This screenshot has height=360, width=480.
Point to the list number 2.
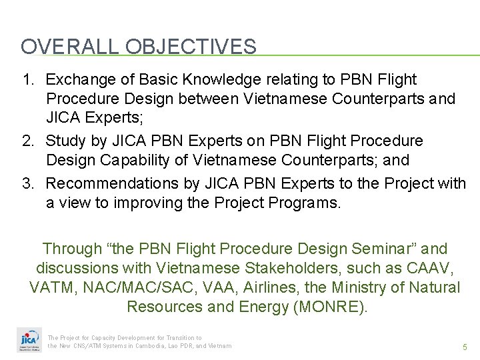27,141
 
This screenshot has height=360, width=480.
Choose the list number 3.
27,183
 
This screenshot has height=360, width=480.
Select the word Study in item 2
63,141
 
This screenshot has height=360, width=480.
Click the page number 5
464,347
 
